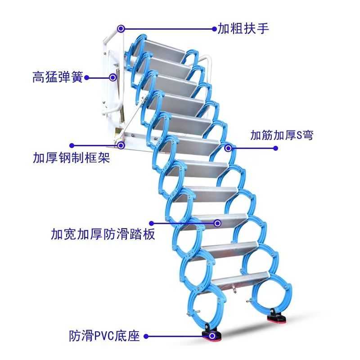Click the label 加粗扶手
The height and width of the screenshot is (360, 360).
tap(243, 29)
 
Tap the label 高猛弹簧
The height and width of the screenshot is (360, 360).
tap(58, 77)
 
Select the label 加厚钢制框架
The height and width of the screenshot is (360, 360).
tap(71, 158)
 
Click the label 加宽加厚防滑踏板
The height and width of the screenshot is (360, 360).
tap(103, 234)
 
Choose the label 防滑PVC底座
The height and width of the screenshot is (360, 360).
tap(104, 336)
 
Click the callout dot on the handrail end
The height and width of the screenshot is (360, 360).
tap(121, 29)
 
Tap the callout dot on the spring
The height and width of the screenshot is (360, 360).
tap(112, 77)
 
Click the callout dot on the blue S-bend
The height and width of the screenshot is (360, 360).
tap(228, 148)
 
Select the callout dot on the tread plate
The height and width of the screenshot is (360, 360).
tap(218, 223)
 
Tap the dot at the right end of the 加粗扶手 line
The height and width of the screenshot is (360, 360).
tap(215, 29)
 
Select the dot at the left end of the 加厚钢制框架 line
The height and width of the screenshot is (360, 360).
tap(71, 145)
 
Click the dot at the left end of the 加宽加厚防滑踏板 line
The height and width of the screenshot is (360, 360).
tap(152, 223)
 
